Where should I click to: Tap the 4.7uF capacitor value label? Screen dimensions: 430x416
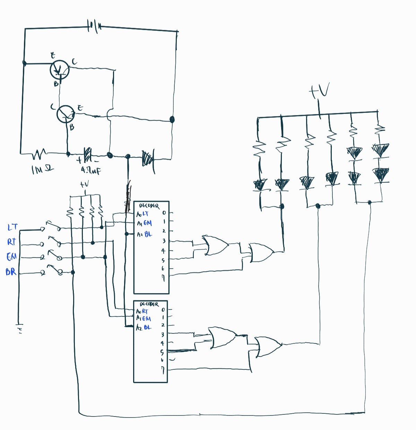pyautogui.click(x=91, y=170)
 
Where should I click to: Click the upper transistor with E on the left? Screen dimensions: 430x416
pyautogui.click(x=60, y=70)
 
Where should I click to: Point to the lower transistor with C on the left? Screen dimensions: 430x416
pyautogui.click(x=66, y=114)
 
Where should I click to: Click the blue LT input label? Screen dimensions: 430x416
pyautogui.click(x=12, y=227)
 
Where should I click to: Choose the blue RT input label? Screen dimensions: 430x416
pyautogui.click(x=12, y=242)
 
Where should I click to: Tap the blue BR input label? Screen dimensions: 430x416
pyautogui.click(x=11, y=272)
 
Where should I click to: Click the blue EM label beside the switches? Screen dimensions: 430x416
pyautogui.click(x=11, y=257)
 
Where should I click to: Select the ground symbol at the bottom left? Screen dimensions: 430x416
pyautogui.click(x=19, y=328)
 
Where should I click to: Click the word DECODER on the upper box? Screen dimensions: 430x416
pyautogui.click(x=149, y=206)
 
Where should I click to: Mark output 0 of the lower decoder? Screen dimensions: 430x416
pyautogui.click(x=163, y=310)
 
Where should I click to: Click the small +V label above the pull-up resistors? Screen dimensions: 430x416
pyautogui.click(x=84, y=185)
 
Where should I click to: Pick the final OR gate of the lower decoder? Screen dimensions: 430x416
pyautogui.click(x=267, y=347)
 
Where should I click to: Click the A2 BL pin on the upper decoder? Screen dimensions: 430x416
pyautogui.click(x=144, y=234)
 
